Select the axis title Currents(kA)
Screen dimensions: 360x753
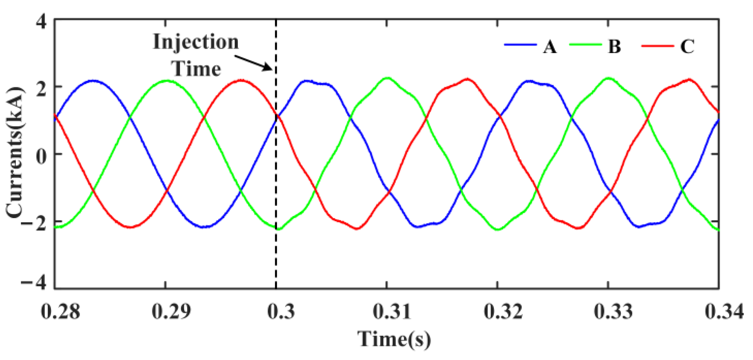[15, 153]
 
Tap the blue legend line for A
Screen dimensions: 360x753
[520, 45]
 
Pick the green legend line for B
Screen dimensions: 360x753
[585, 45]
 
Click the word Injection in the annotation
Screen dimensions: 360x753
[196, 42]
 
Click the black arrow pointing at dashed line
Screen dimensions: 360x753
[255, 63]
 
